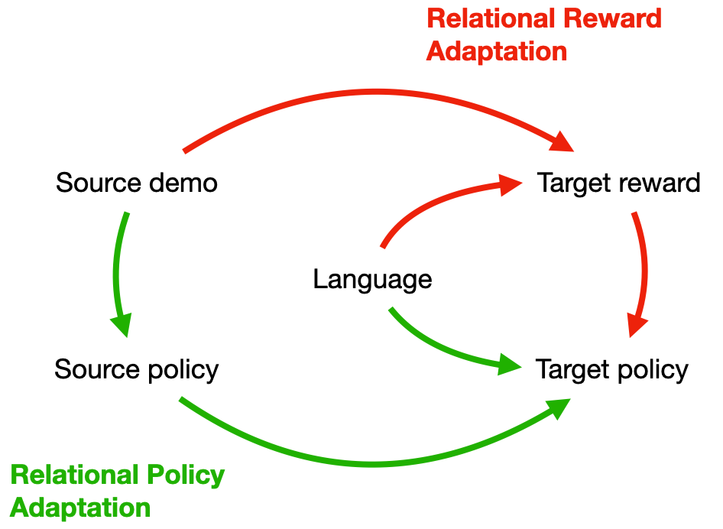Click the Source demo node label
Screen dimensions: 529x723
[137, 183]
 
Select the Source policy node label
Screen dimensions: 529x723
[137, 370]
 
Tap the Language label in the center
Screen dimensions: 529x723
[372, 279]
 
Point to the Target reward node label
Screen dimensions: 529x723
[618, 183]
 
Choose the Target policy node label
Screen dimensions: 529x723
[612, 370]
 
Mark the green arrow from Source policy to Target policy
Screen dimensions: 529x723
[374, 462]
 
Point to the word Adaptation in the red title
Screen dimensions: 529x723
[497, 51]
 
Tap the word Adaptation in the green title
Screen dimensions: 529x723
[80, 508]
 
